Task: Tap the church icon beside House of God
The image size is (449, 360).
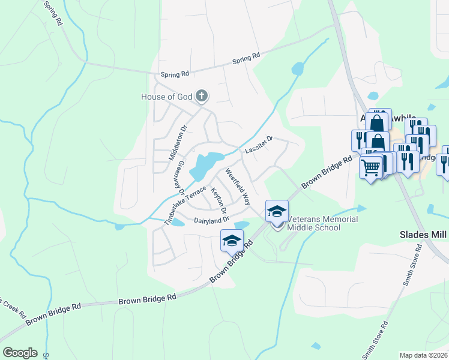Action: pos(202,96)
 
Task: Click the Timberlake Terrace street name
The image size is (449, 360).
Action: pos(185,205)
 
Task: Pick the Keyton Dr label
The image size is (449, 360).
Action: pos(219,200)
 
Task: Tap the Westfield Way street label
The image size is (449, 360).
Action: pos(238,186)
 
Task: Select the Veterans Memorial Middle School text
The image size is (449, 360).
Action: pos(322,223)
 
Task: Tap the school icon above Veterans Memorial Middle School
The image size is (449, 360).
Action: pos(277,211)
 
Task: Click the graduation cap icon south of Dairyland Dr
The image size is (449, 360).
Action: pos(232,240)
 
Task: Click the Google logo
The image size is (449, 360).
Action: pos(20,353)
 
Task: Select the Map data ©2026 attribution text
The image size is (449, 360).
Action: pos(424,355)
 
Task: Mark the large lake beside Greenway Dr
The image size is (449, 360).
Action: pos(204,165)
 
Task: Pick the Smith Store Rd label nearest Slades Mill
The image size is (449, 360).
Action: pos(414,264)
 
